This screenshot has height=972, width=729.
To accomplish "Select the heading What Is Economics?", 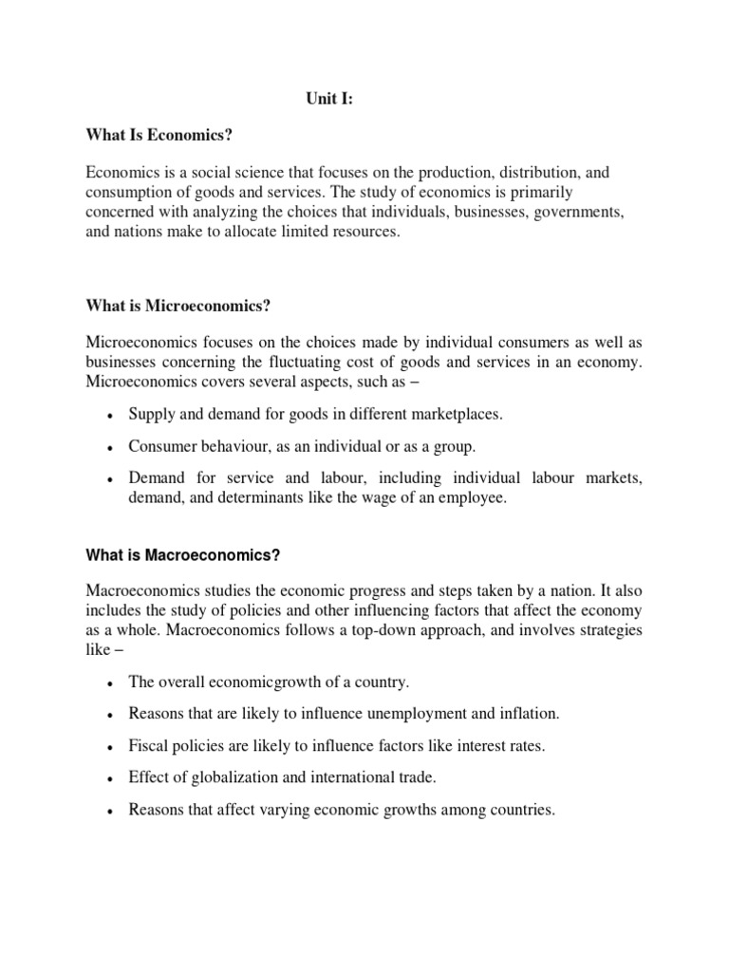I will pos(159,136).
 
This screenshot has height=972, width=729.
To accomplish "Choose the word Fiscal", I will pos(148,746).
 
